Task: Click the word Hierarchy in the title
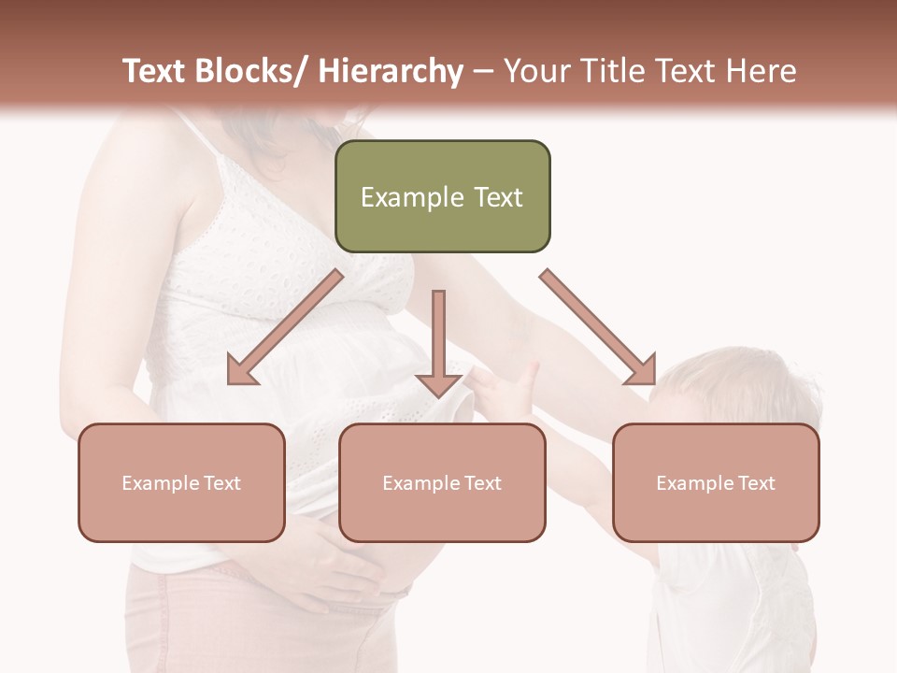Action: click(x=391, y=71)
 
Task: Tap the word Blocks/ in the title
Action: click(x=259, y=71)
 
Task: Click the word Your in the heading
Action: click(x=536, y=71)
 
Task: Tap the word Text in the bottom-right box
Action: click(x=755, y=483)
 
